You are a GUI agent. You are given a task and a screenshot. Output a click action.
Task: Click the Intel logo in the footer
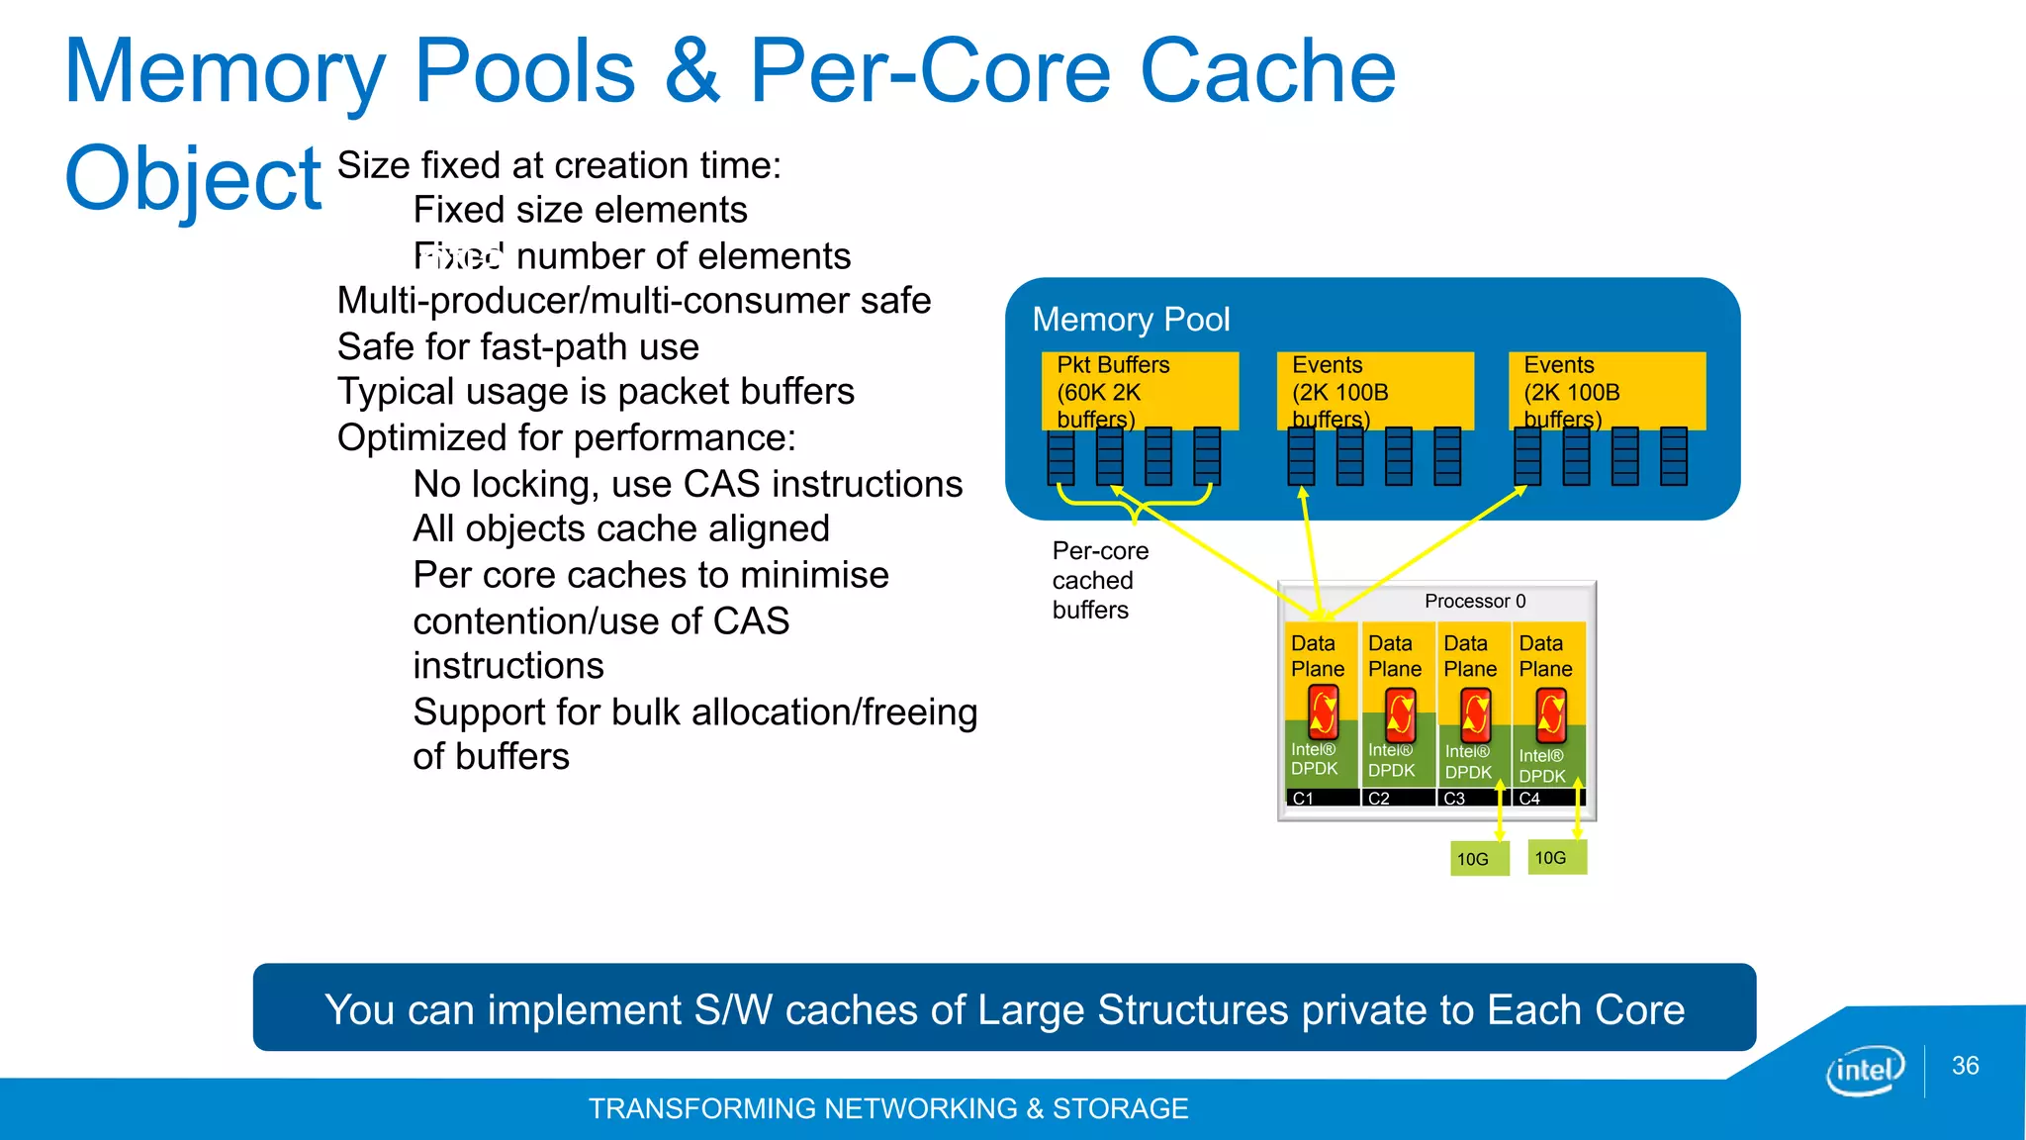(1865, 1071)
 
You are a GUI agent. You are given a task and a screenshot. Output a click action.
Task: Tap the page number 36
(1965, 1066)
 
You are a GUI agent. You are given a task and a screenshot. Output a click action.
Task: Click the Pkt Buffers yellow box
(1140, 391)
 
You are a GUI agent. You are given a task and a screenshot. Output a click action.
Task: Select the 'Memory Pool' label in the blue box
(1131, 320)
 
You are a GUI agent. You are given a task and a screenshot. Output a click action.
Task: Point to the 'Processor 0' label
(1474, 601)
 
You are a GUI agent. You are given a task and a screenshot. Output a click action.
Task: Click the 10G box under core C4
(1557, 857)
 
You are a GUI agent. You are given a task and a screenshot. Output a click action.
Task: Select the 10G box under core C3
(1479, 859)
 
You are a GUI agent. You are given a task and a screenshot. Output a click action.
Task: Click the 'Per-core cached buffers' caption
(1099, 580)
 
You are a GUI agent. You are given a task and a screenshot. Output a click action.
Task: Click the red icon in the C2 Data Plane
(1400, 714)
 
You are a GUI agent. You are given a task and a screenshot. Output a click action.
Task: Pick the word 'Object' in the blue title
(193, 179)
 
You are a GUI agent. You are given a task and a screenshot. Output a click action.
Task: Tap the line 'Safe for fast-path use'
(517, 347)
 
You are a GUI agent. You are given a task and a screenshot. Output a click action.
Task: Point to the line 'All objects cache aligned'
(620, 529)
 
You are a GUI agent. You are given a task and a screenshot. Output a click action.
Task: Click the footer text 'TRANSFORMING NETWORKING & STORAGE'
(887, 1108)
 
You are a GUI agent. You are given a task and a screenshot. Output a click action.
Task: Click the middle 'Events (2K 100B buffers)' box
(1374, 391)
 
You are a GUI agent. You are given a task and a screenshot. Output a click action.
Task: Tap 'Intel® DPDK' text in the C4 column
(1541, 766)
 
